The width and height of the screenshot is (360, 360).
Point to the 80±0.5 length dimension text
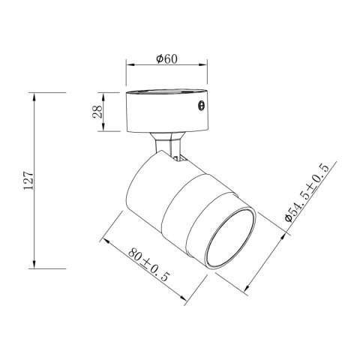[149, 265]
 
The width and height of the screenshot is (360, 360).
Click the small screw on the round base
[201, 106]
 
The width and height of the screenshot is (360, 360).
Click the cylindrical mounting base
[167, 110]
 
